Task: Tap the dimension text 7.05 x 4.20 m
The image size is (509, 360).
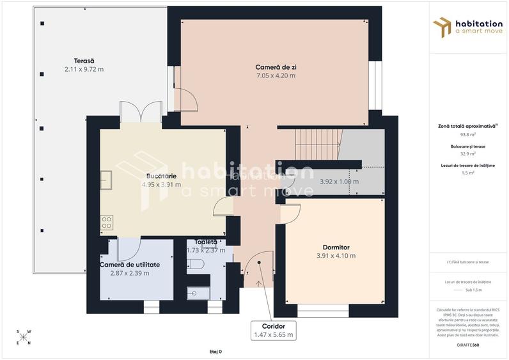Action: [275, 75]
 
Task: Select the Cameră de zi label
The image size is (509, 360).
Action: [275, 67]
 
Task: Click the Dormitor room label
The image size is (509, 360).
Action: [336, 247]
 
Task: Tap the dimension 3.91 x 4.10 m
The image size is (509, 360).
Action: [336, 256]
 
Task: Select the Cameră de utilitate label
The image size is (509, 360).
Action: [130, 264]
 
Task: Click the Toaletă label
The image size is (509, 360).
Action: [206, 242]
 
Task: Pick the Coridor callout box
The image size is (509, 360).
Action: [273, 330]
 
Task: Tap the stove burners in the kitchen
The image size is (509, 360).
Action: [107, 223]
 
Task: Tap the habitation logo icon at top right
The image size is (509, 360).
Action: [442, 27]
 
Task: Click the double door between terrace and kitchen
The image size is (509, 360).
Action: [141, 113]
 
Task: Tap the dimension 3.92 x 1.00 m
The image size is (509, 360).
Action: [339, 182]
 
